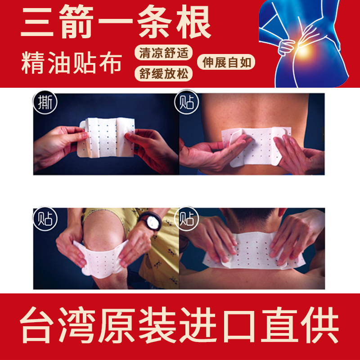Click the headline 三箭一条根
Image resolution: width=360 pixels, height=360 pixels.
click(116, 22)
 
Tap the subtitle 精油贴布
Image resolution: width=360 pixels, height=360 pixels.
click(72, 63)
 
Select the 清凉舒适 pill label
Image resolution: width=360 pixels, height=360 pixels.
click(163, 53)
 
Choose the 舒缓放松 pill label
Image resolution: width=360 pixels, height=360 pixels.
click(163, 73)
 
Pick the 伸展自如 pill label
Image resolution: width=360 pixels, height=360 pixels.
click(226, 62)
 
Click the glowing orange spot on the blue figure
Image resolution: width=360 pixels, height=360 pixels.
click(303, 49)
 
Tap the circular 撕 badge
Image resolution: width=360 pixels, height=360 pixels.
click(45, 102)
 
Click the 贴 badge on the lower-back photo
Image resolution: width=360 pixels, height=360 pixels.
click(186, 102)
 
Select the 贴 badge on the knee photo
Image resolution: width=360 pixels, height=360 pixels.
click(45, 219)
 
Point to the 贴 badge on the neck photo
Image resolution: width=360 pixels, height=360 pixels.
click(186, 219)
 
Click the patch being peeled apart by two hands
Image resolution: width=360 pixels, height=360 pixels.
click(107, 137)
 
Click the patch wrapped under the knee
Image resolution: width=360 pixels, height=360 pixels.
click(101, 260)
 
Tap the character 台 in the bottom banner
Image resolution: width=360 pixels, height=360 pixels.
click(35, 325)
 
